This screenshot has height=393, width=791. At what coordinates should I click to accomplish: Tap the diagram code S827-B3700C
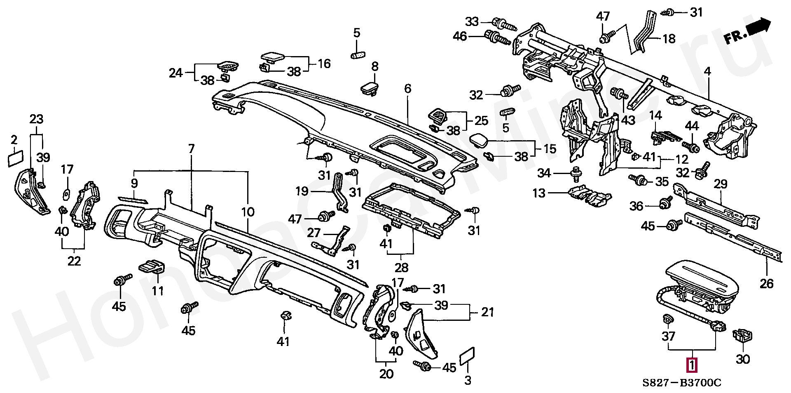(681, 383)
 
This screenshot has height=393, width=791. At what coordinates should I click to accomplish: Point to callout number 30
(743, 359)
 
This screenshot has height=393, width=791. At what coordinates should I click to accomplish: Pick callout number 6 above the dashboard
(407, 88)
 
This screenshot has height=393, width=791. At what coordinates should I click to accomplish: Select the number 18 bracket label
(669, 39)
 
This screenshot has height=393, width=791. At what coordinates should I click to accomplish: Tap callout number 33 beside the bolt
(472, 21)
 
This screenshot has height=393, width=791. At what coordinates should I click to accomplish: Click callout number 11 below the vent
(158, 291)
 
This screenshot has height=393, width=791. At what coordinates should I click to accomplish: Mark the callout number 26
(767, 283)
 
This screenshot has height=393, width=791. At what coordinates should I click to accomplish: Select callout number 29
(721, 184)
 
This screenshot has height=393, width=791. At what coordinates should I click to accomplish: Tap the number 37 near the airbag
(668, 337)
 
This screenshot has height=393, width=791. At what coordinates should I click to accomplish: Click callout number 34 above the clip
(544, 173)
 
